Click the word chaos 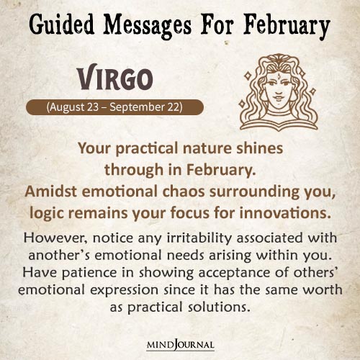(190, 192)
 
